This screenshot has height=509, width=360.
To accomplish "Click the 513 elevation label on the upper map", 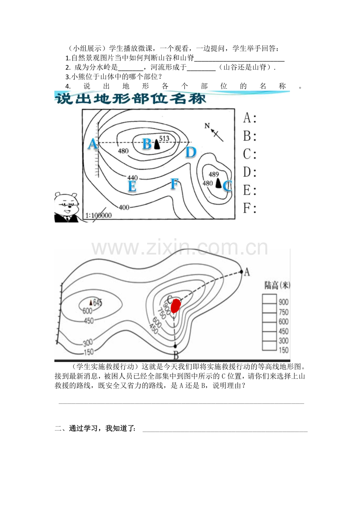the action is tap(164, 138).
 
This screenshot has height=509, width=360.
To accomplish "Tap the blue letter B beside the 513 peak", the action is tap(147, 144).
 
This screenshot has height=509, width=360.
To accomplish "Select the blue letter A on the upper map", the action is tap(93, 144).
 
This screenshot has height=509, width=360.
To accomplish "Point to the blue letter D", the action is tap(191, 152).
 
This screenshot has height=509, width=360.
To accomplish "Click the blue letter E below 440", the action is tap(132, 186).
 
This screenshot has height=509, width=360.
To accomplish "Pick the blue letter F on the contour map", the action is tap(175, 184).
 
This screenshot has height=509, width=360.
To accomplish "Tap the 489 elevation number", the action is tap(214, 174).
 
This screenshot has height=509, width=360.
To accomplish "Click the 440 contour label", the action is tap(133, 177).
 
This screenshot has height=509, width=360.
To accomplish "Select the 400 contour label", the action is tap(124, 207).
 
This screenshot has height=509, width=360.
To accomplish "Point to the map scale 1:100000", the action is tap(99, 215).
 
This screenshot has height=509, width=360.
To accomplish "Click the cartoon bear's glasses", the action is tap(67, 204).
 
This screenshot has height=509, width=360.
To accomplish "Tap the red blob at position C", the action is tap(175, 306).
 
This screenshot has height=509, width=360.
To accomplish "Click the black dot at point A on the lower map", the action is tap(241, 272).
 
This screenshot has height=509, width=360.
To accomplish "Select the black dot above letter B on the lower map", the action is tap(175, 346).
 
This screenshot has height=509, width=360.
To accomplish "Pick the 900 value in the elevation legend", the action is tap(284, 302).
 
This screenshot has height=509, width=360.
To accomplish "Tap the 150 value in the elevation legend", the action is tap(284, 350).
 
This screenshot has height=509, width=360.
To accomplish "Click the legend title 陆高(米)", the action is tap(277, 285).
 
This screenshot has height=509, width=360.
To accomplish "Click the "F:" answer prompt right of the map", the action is tap(250, 208).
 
